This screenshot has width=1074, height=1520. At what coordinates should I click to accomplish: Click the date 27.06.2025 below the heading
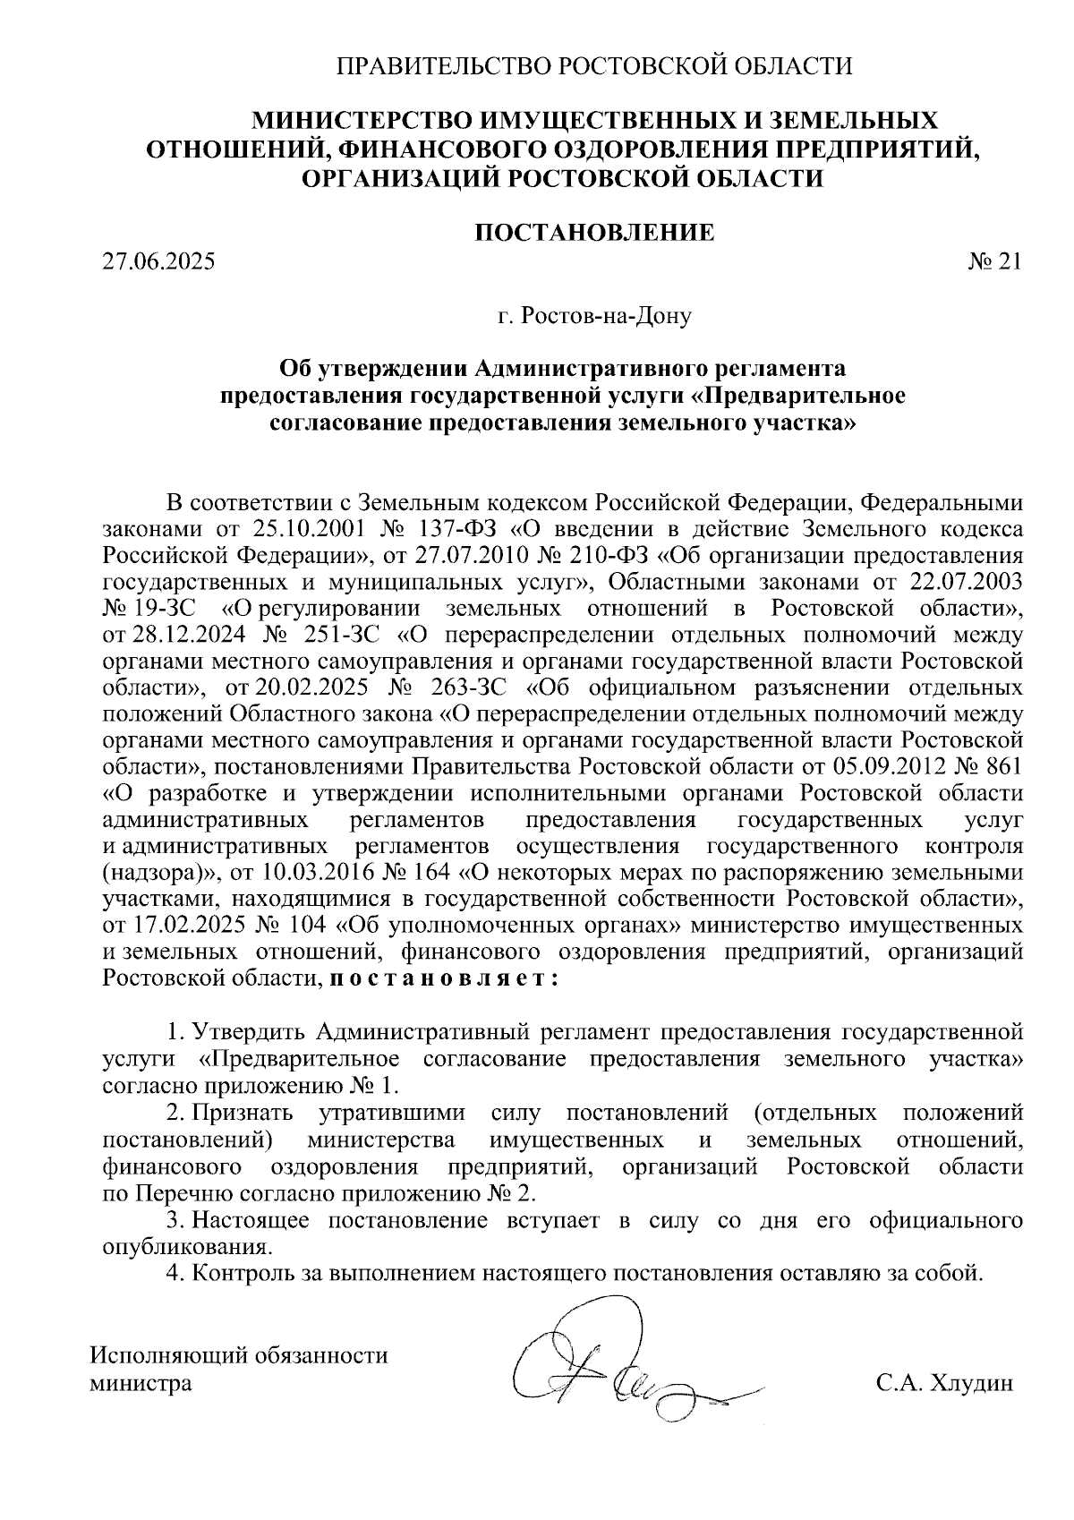tap(159, 263)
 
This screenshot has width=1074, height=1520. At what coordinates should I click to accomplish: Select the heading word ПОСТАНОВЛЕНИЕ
tap(593, 234)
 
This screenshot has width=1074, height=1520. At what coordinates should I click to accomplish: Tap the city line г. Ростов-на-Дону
tap(594, 317)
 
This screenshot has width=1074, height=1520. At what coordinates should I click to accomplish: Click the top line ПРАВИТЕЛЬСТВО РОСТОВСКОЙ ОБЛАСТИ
tap(593, 65)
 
